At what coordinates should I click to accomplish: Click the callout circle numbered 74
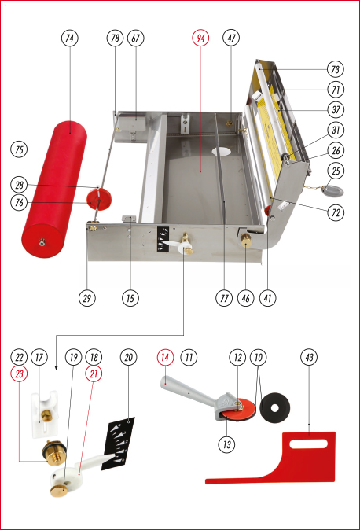(70, 38)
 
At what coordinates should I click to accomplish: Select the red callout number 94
(200, 38)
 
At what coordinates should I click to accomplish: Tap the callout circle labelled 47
(231, 38)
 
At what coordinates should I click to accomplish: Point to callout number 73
(336, 69)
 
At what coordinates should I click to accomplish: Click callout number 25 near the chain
(336, 171)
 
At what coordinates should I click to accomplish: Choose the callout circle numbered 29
(87, 298)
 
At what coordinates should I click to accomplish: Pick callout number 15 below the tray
(130, 298)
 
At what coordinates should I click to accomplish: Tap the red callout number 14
(165, 357)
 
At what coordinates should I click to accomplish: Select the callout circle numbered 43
(309, 357)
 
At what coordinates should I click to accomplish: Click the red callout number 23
(20, 374)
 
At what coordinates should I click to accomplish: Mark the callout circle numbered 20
(128, 357)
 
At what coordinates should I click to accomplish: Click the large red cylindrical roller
(54, 190)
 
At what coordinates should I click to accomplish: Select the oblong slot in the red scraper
(309, 444)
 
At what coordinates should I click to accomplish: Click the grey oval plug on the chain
(333, 191)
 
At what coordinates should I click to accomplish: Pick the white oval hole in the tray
(222, 151)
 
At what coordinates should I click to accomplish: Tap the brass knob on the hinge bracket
(246, 240)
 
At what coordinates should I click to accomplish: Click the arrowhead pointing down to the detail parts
(56, 368)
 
